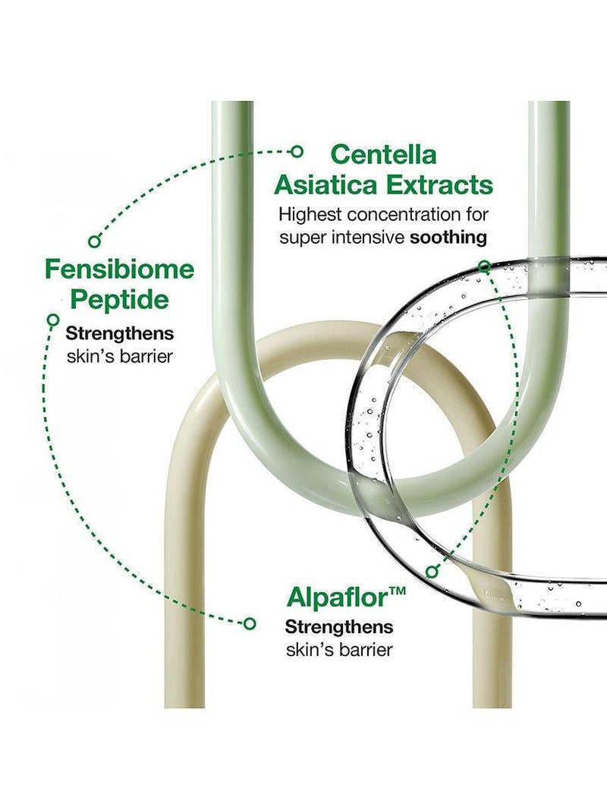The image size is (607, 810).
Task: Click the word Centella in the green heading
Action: (x=383, y=154)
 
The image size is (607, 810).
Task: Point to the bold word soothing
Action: (x=448, y=238)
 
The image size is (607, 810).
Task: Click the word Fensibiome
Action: (x=119, y=269)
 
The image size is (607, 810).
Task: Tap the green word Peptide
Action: (x=119, y=299)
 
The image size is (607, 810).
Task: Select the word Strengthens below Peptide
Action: (x=119, y=334)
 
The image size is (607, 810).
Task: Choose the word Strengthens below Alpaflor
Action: (x=338, y=627)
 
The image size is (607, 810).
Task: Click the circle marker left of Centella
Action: (x=297, y=151)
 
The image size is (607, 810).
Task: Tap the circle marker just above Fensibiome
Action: (x=93, y=241)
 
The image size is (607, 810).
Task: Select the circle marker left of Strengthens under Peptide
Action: (x=52, y=320)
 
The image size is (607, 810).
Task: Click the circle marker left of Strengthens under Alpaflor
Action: (x=250, y=623)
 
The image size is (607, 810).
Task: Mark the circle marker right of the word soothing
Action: (x=484, y=266)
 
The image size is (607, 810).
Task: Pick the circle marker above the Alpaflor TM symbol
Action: (x=432, y=572)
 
